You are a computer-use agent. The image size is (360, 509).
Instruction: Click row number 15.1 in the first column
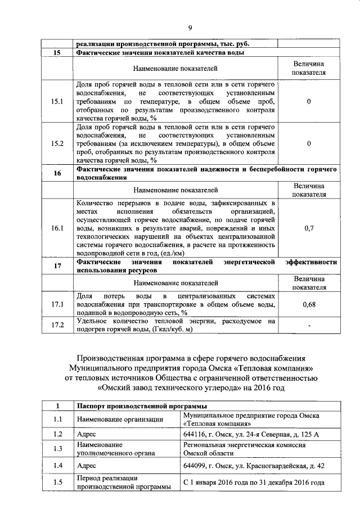[x=57, y=102]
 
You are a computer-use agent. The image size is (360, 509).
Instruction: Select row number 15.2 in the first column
[x=57, y=143]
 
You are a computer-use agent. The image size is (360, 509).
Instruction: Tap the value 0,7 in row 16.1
[x=309, y=229]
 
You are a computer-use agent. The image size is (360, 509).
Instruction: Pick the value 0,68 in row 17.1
[x=309, y=304]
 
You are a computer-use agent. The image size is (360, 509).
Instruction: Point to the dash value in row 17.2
[x=309, y=325]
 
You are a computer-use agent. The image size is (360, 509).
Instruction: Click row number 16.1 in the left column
[x=57, y=229]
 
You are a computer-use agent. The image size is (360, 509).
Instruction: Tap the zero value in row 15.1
[x=309, y=102]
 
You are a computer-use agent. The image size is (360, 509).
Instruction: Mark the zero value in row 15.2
[x=309, y=143]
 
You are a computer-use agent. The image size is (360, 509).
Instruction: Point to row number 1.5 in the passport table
[x=57, y=482]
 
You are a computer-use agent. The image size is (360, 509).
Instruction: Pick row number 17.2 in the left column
[x=57, y=325]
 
